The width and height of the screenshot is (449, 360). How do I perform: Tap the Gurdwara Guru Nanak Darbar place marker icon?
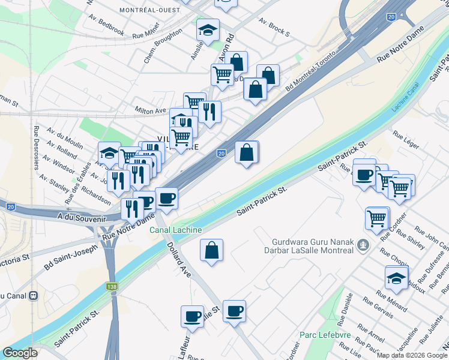click(x=362, y=245)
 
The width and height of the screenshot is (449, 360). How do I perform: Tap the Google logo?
click(x=20, y=353)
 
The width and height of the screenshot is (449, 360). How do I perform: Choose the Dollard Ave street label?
click(x=178, y=259)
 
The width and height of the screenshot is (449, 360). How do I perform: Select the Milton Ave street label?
click(x=151, y=110)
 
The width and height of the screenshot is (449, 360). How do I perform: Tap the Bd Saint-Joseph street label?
click(x=71, y=256)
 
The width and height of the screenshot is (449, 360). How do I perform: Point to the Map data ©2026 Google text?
click(x=412, y=355)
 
